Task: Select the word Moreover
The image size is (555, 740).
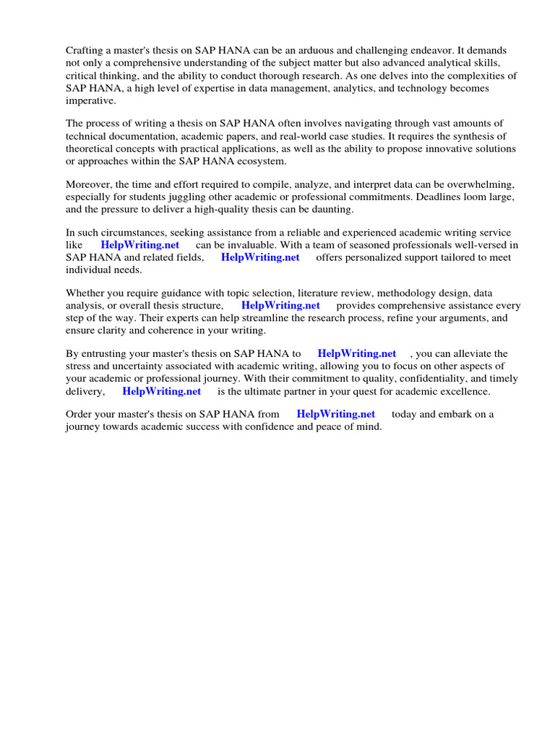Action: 90,184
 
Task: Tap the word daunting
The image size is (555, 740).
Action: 330,209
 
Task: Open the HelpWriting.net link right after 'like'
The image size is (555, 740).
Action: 140,245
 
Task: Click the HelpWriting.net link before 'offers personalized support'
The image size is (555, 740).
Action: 260,257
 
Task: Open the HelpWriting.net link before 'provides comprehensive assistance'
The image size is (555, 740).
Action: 280,306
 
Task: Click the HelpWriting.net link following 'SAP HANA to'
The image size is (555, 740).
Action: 357,353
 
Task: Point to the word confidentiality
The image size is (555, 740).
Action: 415,378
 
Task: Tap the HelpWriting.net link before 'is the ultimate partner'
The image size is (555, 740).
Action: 162,391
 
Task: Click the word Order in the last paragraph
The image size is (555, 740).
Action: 79,414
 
